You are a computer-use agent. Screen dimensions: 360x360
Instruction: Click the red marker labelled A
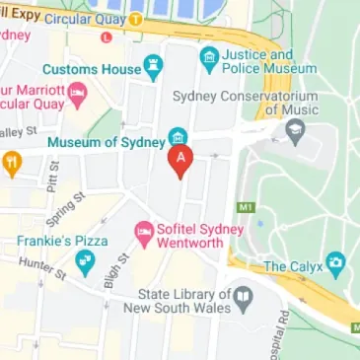tap(179, 160)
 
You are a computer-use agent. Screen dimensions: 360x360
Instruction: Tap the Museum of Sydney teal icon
tap(178, 136)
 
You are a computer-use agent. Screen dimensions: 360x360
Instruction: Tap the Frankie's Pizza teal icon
tap(85, 261)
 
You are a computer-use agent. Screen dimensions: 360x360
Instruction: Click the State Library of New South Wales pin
tap(243, 296)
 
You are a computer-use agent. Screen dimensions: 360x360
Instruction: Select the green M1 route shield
tap(245, 208)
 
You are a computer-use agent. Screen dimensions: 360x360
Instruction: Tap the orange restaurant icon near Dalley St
tap(11, 164)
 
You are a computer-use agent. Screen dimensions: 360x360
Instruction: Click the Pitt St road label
tap(50, 180)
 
